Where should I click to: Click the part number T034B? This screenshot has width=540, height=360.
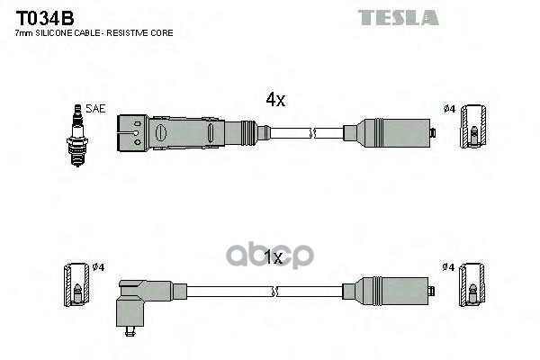click(x=45, y=18)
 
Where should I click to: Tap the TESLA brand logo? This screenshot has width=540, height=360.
click(x=398, y=18)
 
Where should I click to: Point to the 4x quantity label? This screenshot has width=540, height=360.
click(x=275, y=100)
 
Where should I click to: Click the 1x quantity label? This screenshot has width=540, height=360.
click(x=273, y=257)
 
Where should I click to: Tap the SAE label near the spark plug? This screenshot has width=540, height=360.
click(x=95, y=109)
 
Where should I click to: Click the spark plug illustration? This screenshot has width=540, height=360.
click(x=77, y=135)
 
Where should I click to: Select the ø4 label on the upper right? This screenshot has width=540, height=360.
click(x=449, y=109)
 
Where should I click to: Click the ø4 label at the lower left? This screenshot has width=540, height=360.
click(x=98, y=267)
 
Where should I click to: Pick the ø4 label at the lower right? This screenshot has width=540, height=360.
click(x=448, y=267)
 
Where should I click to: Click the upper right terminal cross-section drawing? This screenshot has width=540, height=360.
click(x=473, y=126)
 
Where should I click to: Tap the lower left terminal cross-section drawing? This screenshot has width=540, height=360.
click(x=76, y=285)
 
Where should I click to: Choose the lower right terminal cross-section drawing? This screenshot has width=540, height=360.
click(x=472, y=285)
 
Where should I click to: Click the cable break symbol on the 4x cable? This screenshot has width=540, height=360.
click(x=312, y=132)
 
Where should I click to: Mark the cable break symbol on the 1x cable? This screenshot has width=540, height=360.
click(x=274, y=292)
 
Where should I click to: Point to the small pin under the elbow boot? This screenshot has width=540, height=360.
click(x=130, y=331)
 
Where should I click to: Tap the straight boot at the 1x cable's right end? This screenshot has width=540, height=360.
click(x=386, y=291)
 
